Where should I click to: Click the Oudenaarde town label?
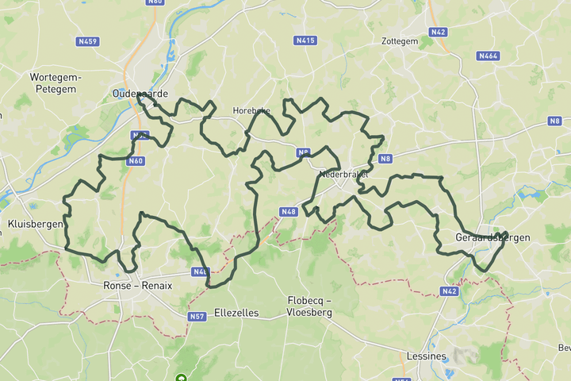click(140, 93)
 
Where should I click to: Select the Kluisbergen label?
click(34, 225)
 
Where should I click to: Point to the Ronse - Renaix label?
click(139, 286)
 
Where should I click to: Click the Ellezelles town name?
click(236, 313)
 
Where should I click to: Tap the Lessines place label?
click(425, 356)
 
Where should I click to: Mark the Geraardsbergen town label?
click(481, 237)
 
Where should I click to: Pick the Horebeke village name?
click(252, 111)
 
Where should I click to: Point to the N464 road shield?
click(488, 56)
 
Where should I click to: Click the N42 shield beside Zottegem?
click(438, 32)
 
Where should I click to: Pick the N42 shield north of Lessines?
click(449, 291)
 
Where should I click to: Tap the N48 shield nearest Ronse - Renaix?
click(200, 272)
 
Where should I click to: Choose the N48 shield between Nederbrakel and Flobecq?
click(288, 212)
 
